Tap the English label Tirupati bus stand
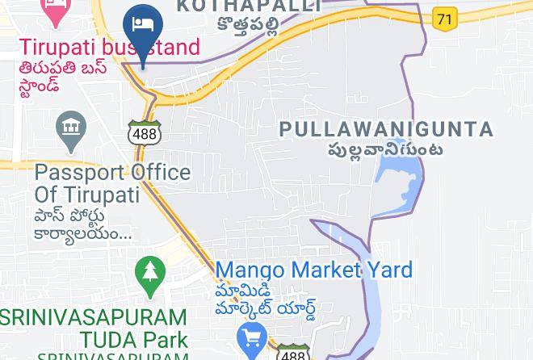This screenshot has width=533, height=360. click(x=108, y=47)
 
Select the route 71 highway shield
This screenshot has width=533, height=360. click(x=444, y=18)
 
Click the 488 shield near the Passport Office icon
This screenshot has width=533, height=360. click(x=144, y=132)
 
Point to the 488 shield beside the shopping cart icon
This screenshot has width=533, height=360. click(x=292, y=353)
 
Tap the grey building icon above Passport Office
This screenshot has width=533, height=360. click(x=72, y=128)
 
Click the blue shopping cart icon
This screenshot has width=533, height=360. click(x=252, y=337)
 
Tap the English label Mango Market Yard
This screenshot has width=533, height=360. click(x=313, y=270)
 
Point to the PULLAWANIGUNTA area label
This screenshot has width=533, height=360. click(x=386, y=129)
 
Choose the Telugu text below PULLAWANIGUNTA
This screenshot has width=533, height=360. click(x=384, y=149)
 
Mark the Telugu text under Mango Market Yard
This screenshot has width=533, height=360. click(x=265, y=299)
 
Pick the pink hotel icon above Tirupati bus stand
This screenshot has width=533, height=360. click(x=55, y=10)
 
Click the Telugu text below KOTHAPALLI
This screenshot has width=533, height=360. click(x=249, y=25)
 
